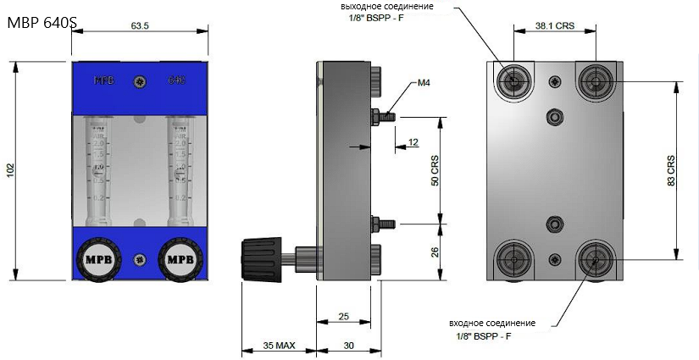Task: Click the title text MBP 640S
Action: (40, 25)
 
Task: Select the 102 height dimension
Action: (10, 169)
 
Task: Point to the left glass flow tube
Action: (99, 169)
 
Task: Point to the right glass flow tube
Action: (178, 169)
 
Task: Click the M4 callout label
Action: (424, 84)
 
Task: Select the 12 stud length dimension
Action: (413, 141)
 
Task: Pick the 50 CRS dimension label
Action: (435, 169)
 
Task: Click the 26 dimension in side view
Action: (435, 251)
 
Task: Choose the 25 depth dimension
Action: (343, 316)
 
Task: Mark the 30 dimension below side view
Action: (348, 345)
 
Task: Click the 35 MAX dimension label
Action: (279, 345)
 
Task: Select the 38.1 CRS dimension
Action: (555, 26)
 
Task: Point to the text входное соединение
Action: (491, 323)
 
